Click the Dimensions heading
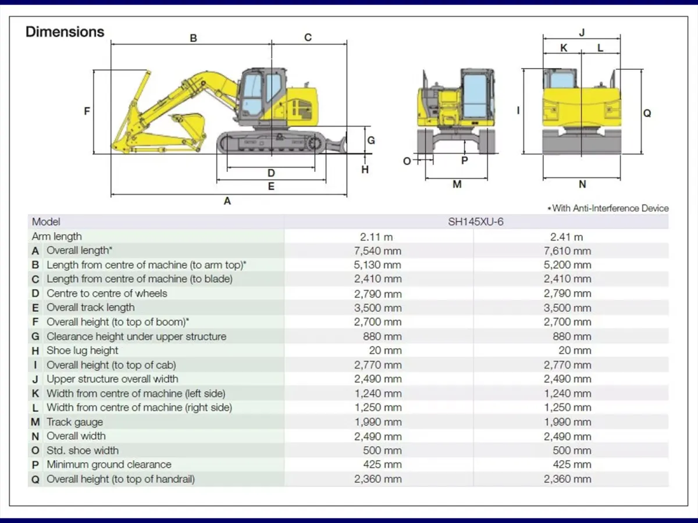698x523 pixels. coord(65,32)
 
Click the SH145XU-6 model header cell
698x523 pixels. coord(476,221)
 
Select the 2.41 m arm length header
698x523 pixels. coord(567,237)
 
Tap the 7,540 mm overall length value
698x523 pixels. coord(378,251)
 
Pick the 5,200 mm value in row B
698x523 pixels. coord(567,265)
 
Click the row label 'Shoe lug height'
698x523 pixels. coord(83,350)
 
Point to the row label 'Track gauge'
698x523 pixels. coord(74,422)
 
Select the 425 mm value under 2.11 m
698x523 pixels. coord(382,464)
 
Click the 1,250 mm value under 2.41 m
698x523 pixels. coord(567,407)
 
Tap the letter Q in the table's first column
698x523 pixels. coord(35,479)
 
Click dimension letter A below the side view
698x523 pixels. coord(227,201)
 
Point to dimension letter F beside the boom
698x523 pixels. coord(87,111)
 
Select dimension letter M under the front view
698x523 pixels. coord(457,184)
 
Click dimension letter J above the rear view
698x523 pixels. coord(582,33)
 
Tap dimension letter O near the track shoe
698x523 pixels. coord(407,162)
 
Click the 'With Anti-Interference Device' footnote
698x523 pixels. coord(608,208)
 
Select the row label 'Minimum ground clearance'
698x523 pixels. coord(109,464)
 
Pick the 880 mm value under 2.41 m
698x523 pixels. coord(572,336)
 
